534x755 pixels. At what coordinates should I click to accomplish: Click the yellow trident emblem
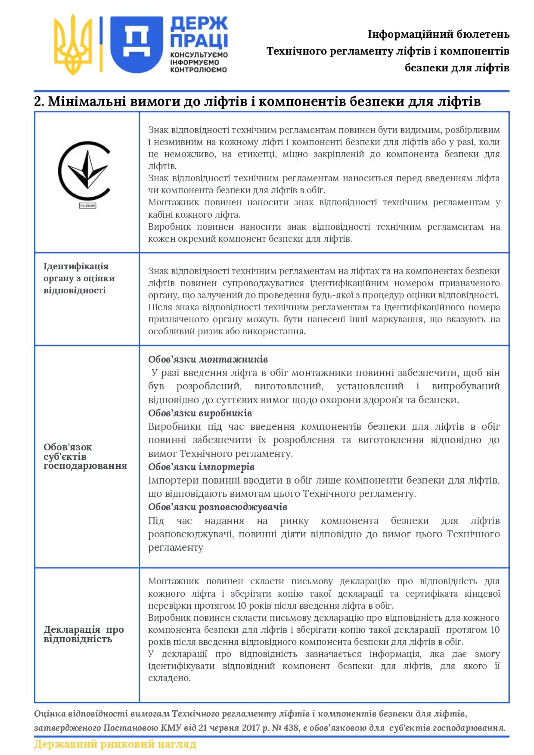click(x=73, y=44)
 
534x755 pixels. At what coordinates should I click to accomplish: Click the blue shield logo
click(x=136, y=44)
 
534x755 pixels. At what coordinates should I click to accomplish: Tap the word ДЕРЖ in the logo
click(x=199, y=24)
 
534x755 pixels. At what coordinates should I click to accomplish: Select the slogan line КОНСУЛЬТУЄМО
click(x=199, y=55)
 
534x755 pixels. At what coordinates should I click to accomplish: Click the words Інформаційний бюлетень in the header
click(x=438, y=34)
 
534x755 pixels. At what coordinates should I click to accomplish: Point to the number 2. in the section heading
click(x=39, y=102)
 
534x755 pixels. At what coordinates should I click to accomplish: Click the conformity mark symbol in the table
click(x=85, y=171)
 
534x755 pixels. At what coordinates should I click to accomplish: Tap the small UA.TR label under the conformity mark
click(x=87, y=206)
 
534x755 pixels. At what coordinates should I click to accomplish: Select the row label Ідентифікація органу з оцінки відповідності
click(x=79, y=278)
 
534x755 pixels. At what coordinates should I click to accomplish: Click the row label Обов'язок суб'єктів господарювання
click(x=85, y=456)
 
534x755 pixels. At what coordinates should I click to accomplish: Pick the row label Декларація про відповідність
click(x=83, y=634)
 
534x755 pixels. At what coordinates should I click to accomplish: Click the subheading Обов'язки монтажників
click(x=208, y=359)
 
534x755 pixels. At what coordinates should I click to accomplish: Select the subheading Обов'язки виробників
click(x=200, y=413)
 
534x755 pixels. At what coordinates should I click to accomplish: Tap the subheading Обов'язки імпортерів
click(x=201, y=467)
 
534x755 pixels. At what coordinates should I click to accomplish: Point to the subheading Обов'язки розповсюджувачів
click(x=217, y=507)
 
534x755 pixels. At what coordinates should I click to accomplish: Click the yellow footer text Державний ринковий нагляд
click(x=115, y=744)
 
